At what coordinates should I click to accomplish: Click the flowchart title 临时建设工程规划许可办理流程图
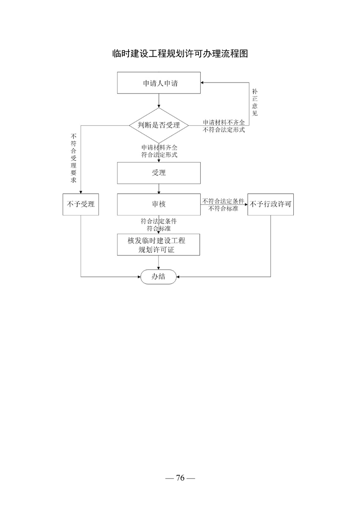(180, 54)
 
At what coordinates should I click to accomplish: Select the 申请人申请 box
(159, 83)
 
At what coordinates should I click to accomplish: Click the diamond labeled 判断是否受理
(159, 125)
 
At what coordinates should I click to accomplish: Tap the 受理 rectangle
(159, 173)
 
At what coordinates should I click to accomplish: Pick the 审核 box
(159, 205)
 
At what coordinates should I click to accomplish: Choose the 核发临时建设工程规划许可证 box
(158, 245)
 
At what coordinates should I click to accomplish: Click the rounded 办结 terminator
(158, 277)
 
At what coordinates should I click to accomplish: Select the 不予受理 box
(80, 205)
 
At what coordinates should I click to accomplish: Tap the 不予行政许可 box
(271, 205)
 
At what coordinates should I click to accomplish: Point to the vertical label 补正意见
(255, 103)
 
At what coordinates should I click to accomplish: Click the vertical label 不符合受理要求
(74, 158)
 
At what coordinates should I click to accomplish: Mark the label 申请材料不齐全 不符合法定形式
(224, 126)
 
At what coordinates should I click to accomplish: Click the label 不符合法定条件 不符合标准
(223, 205)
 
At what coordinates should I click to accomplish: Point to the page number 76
(180, 478)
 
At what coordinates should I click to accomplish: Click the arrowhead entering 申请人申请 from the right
(202, 83)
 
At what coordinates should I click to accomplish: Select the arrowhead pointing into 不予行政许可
(246, 205)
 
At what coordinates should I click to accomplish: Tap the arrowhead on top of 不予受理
(80, 192)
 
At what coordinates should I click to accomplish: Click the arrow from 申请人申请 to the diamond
(159, 101)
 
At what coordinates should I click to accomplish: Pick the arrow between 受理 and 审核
(159, 189)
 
